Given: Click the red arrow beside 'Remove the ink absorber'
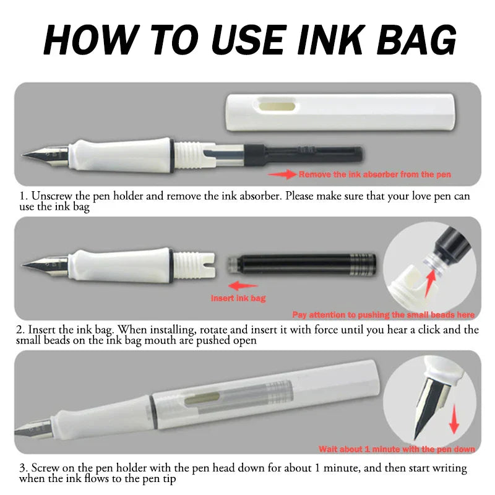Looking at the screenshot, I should click(282, 175).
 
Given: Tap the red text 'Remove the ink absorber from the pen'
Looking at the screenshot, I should click(375, 175).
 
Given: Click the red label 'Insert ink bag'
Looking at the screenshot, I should click(238, 298).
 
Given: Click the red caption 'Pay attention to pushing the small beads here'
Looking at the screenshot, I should click(384, 315).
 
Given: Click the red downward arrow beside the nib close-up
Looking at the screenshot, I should click(455, 421).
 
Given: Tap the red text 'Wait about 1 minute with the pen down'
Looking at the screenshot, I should click(397, 449).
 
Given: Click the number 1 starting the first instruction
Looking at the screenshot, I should click(23, 196).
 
